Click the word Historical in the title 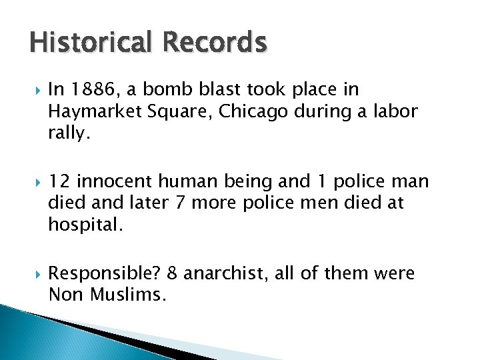pos(89,43)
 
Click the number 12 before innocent pos(60,182)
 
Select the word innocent pos(117,182)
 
